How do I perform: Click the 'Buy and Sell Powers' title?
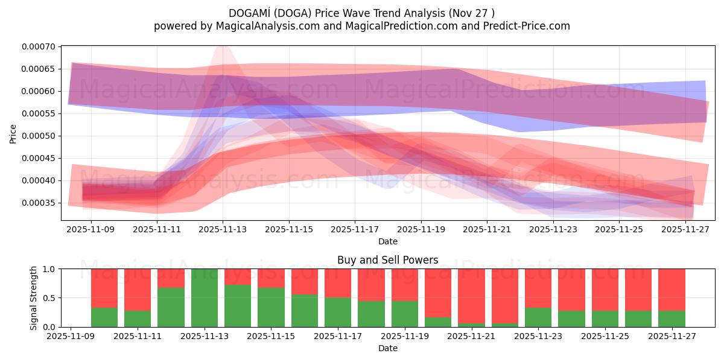pos(387,261)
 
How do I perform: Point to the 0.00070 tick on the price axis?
pos(38,46)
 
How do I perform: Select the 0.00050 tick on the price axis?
pos(38,136)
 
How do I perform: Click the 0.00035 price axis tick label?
pos(38,203)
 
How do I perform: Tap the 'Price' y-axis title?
pos(13,133)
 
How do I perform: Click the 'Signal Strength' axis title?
pos(34,298)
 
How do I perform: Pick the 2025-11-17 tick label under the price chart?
pos(355,229)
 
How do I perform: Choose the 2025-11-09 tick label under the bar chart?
pos(71,336)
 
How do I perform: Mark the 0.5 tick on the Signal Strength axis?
pos(49,298)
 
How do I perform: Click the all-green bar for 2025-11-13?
pos(205,298)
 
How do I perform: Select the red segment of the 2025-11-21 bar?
pos(471,296)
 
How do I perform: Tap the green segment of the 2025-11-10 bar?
pos(104,317)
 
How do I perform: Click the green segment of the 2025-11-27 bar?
pos(671,319)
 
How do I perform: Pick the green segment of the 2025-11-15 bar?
pos(271,307)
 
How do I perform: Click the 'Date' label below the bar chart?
pos(387,348)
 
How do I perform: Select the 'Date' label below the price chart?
pos(387,241)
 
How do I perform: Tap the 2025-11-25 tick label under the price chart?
pos(619,229)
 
